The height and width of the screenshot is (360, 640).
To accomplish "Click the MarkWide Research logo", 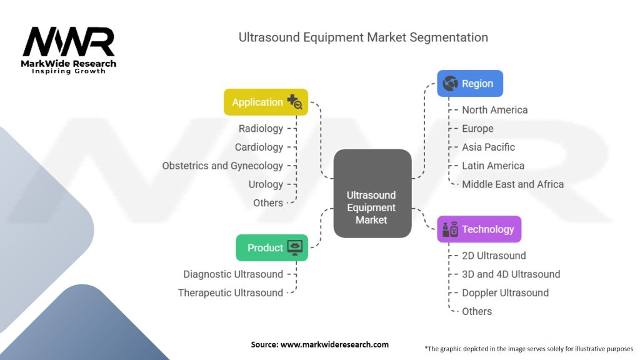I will click(x=69, y=49).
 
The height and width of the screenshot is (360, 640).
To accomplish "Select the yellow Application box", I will click(x=266, y=102).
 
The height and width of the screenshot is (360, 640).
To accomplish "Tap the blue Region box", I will click(x=469, y=83).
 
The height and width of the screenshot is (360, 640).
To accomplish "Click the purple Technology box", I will click(x=479, y=229).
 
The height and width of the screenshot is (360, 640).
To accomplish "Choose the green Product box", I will click(x=272, y=247).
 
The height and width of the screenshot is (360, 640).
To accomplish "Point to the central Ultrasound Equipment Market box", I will click(x=372, y=194).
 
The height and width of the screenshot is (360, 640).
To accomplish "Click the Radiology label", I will click(x=261, y=129).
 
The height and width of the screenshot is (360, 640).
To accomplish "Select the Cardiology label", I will click(x=259, y=147).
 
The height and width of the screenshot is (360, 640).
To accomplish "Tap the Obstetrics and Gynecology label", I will click(x=222, y=166).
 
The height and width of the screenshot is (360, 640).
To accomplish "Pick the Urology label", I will click(x=266, y=184).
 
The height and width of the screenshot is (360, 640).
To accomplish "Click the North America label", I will click(x=494, y=110).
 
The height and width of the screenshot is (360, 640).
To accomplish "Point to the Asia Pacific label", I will click(x=488, y=147).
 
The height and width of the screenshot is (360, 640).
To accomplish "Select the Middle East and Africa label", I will click(x=512, y=184).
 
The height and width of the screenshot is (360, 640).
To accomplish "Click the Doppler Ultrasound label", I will click(x=505, y=292).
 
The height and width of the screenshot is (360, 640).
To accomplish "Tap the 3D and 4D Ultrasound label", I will click(x=511, y=274).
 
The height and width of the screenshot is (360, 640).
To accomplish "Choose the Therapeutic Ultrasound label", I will click(x=230, y=292).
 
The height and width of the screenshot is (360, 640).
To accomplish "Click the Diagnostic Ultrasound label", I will click(x=233, y=274).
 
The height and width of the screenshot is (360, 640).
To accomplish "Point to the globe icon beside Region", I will click(x=449, y=83).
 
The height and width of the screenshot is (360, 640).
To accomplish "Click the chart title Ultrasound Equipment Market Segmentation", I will click(x=363, y=37).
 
